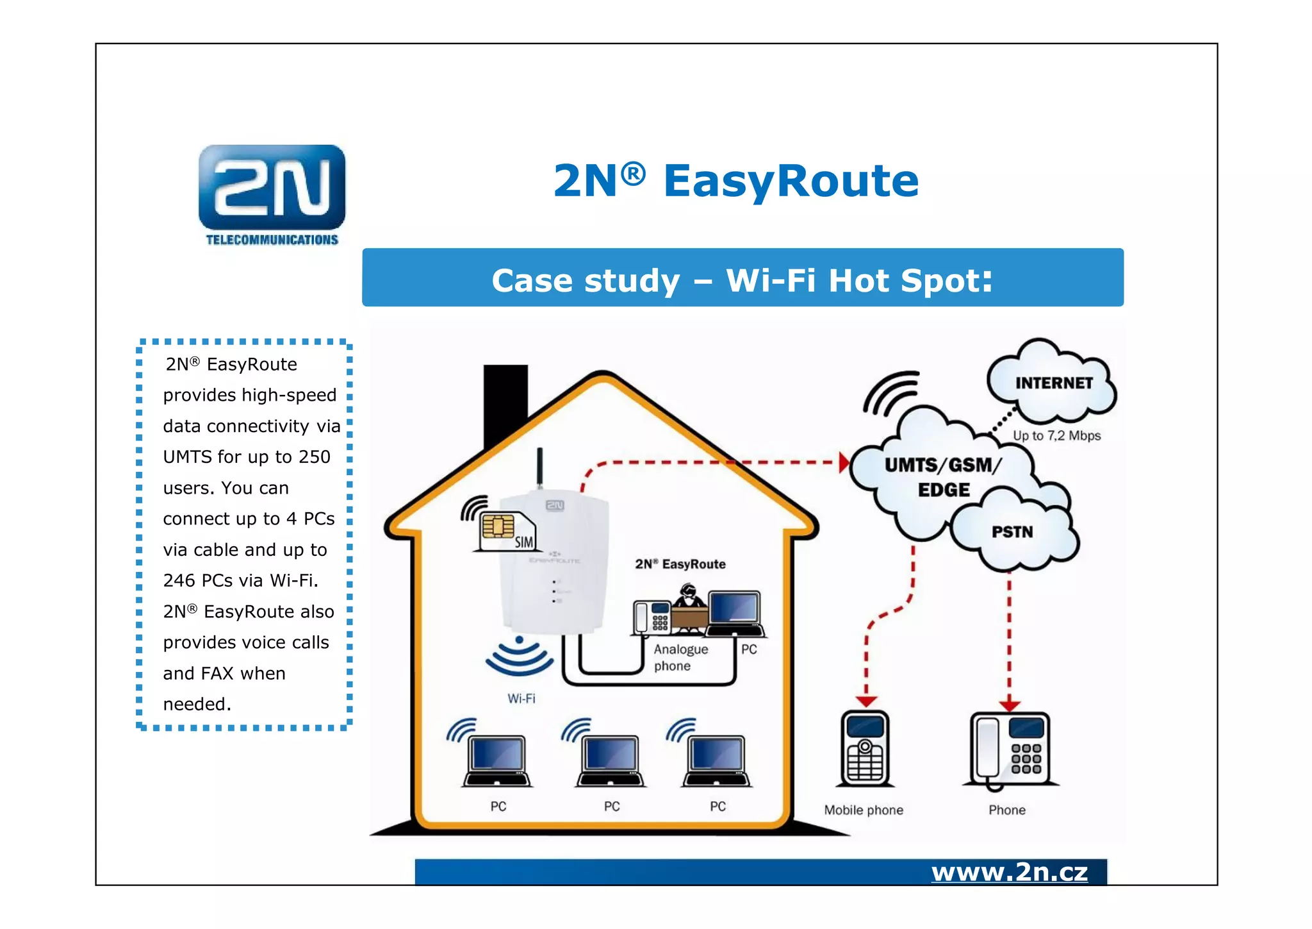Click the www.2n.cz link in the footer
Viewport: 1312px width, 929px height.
click(1009, 872)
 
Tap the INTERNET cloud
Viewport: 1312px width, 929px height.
click(1053, 383)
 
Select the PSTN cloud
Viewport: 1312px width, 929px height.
click(1012, 531)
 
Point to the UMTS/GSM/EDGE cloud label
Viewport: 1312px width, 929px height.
click(942, 476)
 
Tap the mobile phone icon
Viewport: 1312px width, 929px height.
click(865, 748)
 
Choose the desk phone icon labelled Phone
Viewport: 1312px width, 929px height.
click(1010, 750)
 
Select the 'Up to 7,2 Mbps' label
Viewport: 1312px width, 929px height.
click(1056, 435)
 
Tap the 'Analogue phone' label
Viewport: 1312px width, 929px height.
click(680, 657)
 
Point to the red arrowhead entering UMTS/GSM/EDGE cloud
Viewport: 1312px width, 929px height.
click(844, 462)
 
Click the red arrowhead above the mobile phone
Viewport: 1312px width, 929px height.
click(866, 702)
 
